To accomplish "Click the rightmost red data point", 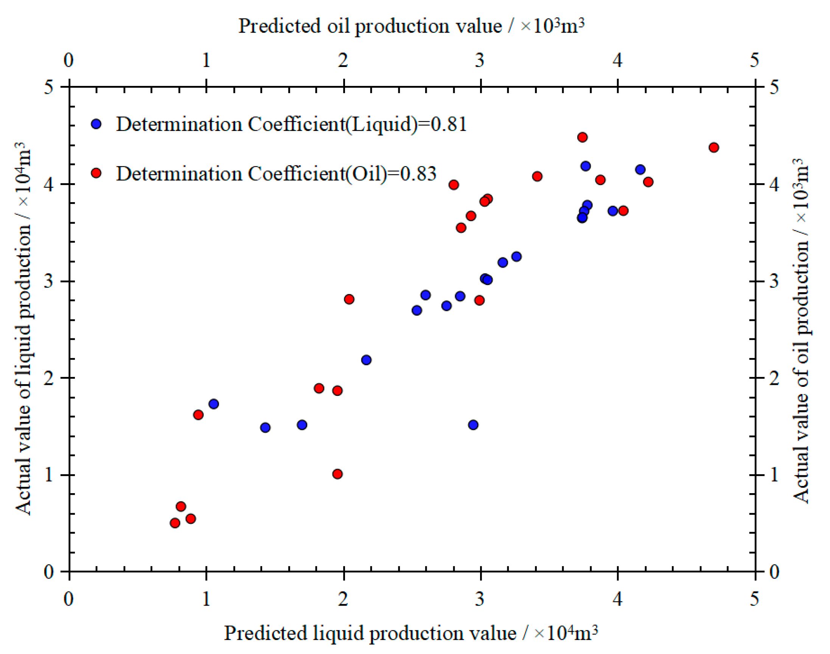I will click(713, 148).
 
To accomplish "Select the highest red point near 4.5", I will click(583, 137).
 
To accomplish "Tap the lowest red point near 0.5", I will click(175, 523).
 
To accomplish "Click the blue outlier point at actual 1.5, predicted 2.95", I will click(473, 425).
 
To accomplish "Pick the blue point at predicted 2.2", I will click(366, 360).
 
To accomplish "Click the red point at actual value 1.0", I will click(337, 474).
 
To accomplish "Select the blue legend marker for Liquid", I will click(96, 124).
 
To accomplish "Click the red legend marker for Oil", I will click(96, 173).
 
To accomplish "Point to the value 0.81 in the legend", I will click(449, 125).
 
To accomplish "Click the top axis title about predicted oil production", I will click(411, 26).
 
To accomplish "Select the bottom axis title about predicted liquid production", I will click(410, 633).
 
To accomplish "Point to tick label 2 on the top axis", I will click(343, 60).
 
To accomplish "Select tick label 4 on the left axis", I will click(48, 185).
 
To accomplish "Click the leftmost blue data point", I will click(214, 404).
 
